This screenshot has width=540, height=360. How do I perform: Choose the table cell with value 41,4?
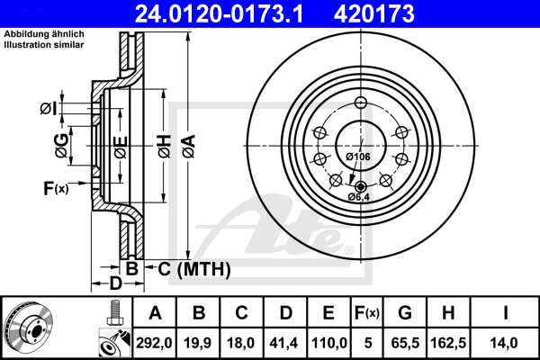click(x=286, y=342)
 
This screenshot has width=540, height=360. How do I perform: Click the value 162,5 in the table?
click(x=447, y=342)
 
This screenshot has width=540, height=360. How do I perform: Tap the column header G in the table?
click(x=405, y=313)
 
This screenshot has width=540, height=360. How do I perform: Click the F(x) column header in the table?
click(x=367, y=313)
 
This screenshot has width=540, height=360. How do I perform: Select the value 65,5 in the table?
click(x=405, y=342)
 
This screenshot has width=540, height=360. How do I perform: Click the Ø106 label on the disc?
click(x=358, y=157)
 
